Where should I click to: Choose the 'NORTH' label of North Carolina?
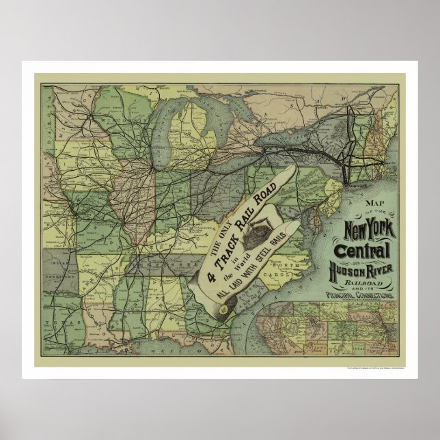pos(299,265)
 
